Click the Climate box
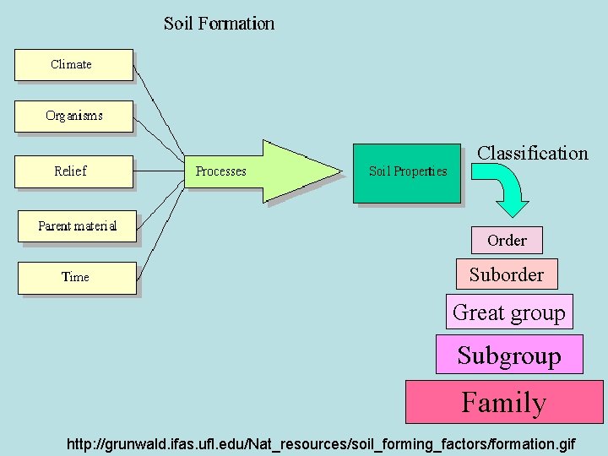[x=73, y=65]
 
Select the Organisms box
[x=73, y=117]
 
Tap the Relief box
[x=73, y=171]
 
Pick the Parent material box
[x=77, y=226]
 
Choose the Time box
[x=76, y=277]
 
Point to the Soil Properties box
[x=408, y=172]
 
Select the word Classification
[x=532, y=153]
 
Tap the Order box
[x=507, y=241]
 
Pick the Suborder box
[x=507, y=274]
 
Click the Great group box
[x=509, y=312]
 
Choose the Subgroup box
[x=509, y=355]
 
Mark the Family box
[x=504, y=402]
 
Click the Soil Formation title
[x=219, y=23]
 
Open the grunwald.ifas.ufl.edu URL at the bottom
[x=321, y=442]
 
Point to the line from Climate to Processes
[x=159, y=111]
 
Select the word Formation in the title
[x=241, y=23]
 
